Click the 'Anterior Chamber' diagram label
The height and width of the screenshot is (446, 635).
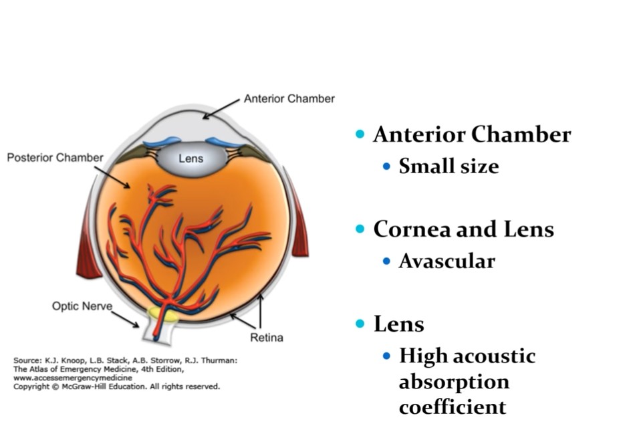tap(289, 99)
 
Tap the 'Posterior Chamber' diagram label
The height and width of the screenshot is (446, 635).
tap(55, 158)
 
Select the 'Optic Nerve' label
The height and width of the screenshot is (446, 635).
tap(82, 306)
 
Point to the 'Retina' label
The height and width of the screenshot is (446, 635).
tap(266, 337)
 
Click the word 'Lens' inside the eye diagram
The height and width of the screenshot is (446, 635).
tap(190, 159)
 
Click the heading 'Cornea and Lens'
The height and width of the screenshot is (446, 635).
tap(463, 229)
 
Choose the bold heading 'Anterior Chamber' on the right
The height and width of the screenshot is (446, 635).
tap(472, 134)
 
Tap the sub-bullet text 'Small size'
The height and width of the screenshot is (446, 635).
tap(449, 166)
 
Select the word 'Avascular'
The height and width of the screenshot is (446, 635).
tap(447, 261)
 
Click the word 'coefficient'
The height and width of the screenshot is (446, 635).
tap(452, 407)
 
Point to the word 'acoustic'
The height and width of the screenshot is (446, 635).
tap(494, 356)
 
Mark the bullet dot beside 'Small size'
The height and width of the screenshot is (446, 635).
tap(386, 166)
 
